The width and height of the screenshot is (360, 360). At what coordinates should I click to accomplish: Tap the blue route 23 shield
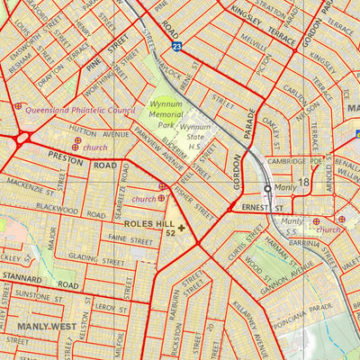click(x=176, y=43)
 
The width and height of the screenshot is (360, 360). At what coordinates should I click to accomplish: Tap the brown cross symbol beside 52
click(x=182, y=229)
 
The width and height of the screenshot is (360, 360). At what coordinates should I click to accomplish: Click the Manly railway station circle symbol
click(x=267, y=189)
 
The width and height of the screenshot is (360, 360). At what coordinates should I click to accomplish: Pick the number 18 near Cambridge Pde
click(x=304, y=183)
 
